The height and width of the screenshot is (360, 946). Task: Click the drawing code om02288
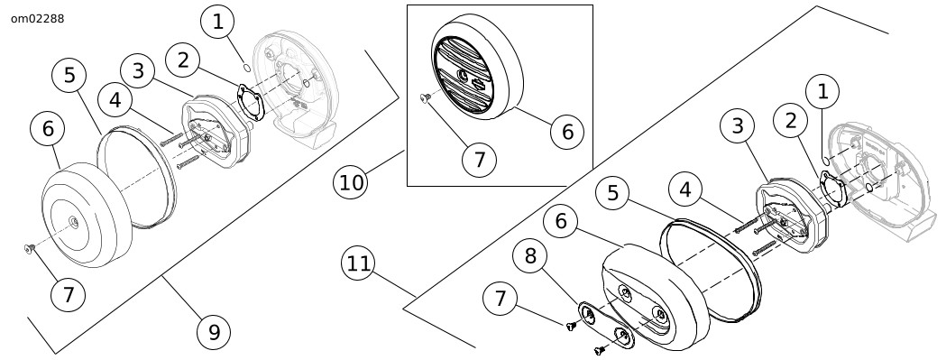pos(37,19)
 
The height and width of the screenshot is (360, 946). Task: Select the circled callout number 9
pos(214,332)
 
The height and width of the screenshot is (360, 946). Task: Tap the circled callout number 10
pos(351,181)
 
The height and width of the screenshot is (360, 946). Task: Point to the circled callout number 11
pos(358,264)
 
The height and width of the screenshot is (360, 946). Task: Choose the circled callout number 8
pos(530,256)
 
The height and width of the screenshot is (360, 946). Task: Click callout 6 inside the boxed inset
pos(568,131)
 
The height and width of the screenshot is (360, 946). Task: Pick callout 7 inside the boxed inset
pos(479,160)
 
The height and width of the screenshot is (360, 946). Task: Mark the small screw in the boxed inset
pos(424,97)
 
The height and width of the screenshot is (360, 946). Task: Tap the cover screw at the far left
pos(29,247)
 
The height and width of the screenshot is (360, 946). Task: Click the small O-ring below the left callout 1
pos(247,67)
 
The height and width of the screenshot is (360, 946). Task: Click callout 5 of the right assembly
pos(613,193)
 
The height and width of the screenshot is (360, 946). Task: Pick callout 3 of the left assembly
pos(138,70)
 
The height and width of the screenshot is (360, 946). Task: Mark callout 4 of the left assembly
pos(115,100)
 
